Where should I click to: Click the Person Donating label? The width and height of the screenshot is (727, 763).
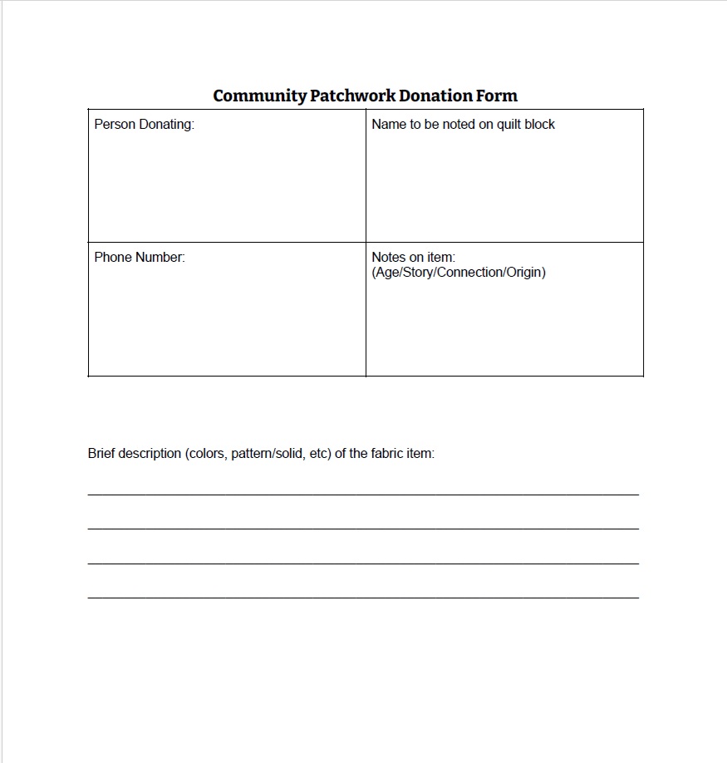144,125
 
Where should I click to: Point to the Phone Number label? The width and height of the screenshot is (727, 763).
140,258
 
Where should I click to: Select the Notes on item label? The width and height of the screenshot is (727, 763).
413,258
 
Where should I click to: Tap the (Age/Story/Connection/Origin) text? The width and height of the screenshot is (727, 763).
459,273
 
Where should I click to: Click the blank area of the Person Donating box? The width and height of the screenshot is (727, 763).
227,187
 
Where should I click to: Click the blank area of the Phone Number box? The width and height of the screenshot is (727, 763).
227,320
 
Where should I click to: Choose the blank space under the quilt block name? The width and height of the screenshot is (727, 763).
504,187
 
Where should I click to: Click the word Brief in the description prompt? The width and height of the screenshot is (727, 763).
101,454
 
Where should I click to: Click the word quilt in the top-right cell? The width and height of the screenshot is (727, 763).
508,125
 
